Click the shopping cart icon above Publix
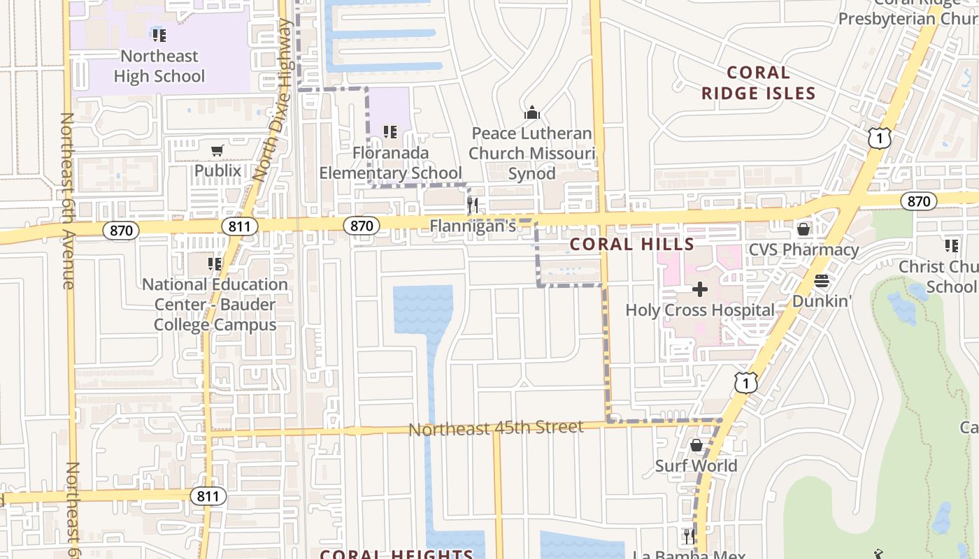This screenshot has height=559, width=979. (x=217, y=151)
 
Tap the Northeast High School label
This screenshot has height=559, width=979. (x=159, y=66)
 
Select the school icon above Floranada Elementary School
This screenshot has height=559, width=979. (x=390, y=131)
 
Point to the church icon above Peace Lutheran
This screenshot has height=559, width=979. (x=532, y=112)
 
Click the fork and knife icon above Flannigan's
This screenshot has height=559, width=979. (x=473, y=205)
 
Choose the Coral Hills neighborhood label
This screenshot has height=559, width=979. (x=632, y=245)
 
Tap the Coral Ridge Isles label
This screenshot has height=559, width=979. (x=759, y=82)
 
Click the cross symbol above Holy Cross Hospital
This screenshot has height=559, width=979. (x=699, y=289)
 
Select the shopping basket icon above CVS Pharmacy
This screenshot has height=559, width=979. (x=803, y=229)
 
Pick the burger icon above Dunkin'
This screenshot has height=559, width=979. (x=822, y=281)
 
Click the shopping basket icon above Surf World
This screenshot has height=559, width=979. (x=696, y=446)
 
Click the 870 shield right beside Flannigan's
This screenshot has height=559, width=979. (x=361, y=226)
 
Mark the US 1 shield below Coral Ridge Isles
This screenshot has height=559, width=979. (x=880, y=138)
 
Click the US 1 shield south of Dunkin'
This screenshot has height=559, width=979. (x=746, y=382)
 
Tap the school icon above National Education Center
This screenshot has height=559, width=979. (x=215, y=264)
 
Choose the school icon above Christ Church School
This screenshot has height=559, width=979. (x=951, y=246)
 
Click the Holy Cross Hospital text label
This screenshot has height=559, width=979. (x=699, y=310)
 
